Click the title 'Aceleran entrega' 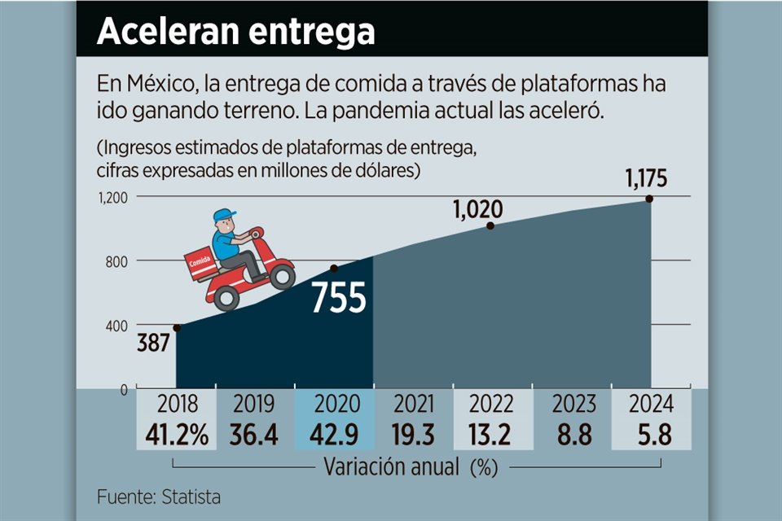pos(236,32)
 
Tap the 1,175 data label pos(651,179)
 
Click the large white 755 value pos(339,299)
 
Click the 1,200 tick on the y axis pos(115,197)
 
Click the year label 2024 pos(650,404)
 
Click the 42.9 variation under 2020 pos(333,435)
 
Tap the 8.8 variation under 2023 pos(572,435)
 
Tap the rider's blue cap pos(223,216)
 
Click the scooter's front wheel pos(282,275)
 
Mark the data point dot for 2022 pos(490,225)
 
